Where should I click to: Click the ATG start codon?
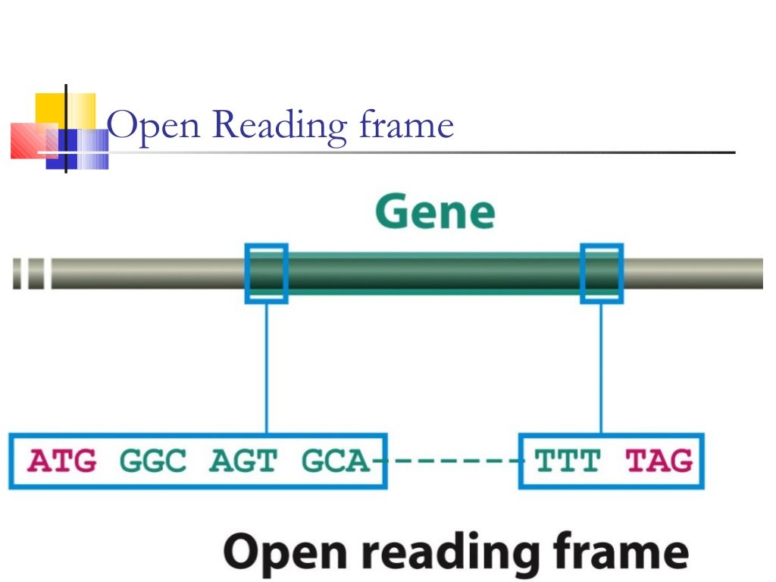[x=63, y=461]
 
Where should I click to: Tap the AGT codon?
[x=244, y=461]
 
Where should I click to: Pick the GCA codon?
[x=334, y=461]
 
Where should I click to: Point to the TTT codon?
[x=568, y=461]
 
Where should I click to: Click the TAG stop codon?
[x=659, y=461]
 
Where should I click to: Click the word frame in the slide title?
[x=405, y=125]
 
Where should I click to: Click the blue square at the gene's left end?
[x=266, y=274]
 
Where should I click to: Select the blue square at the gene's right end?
[x=602, y=274]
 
